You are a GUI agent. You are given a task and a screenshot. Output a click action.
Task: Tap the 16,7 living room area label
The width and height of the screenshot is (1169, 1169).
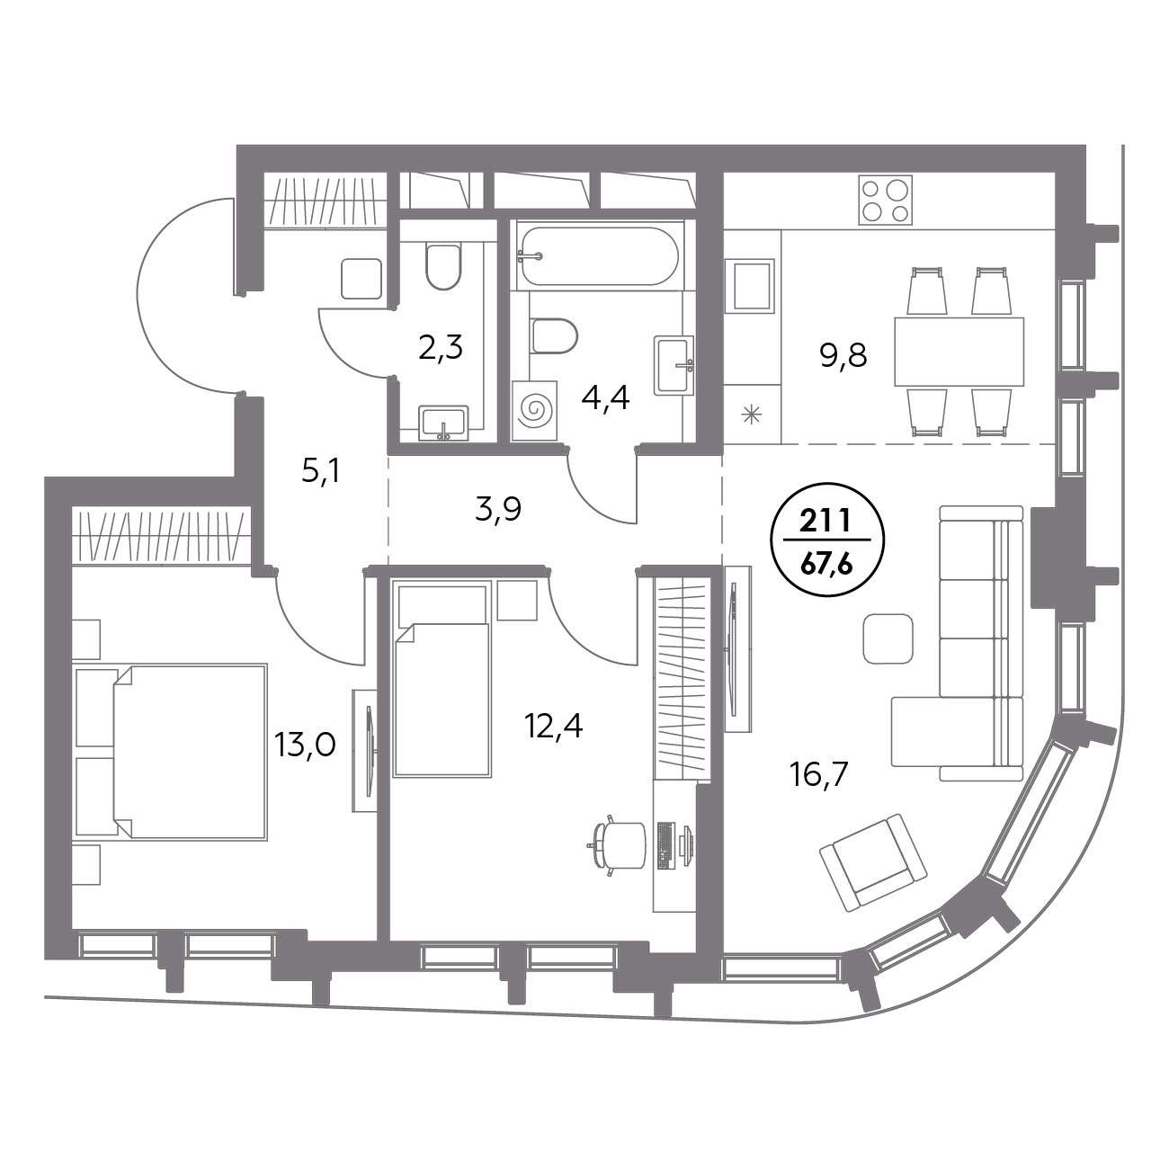[x=818, y=774]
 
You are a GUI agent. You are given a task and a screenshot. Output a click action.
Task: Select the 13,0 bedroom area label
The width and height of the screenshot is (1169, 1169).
[x=305, y=745]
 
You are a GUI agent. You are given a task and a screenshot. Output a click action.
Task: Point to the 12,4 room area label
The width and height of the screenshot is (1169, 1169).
[x=554, y=727]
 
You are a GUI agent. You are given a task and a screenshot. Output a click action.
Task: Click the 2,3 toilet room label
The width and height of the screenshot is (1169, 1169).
[x=441, y=348]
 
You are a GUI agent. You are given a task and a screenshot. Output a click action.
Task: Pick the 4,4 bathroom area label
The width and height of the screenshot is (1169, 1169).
[x=605, y=398]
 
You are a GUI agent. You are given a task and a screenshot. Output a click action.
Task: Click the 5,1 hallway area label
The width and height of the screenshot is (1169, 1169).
[x=321, y=471]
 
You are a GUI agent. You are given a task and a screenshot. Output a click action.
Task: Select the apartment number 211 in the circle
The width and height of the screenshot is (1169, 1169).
[x=827, y=521]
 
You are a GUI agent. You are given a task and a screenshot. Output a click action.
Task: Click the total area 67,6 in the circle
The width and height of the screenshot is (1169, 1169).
[x=827, y=564]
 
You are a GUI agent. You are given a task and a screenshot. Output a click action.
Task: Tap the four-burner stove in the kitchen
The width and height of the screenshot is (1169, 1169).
[x=886, y=201]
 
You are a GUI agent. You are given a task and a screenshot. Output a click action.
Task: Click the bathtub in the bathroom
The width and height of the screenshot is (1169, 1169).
[x=600, y=256]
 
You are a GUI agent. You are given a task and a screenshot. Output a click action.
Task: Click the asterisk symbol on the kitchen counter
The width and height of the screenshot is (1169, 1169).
[x=752, y=415]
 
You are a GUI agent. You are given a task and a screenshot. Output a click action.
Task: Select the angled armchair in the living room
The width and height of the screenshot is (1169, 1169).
[x=873, y=862]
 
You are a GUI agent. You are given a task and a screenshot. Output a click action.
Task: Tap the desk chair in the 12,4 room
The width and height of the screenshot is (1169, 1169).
[x=618, y=845]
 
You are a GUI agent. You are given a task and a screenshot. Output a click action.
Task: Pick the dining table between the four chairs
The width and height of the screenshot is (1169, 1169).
[x=959, y=352]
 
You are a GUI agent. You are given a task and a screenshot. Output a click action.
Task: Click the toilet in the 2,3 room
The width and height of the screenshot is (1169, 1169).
[x=443, y=266]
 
